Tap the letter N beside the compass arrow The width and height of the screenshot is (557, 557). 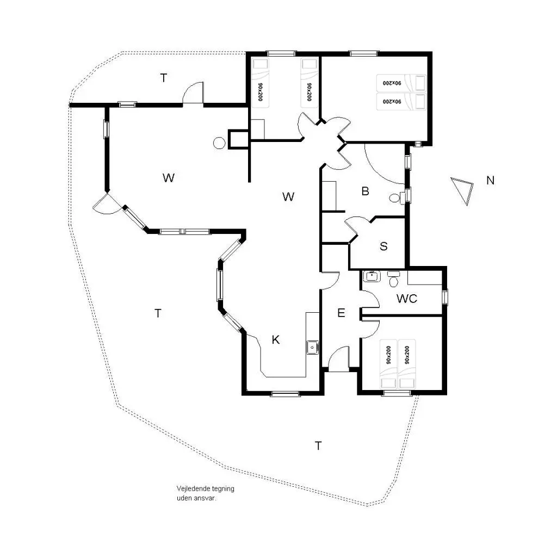[490, 181]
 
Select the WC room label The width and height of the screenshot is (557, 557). [407, 299]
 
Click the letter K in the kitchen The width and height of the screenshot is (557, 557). [276, 339]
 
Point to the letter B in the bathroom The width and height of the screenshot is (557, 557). [365, 191]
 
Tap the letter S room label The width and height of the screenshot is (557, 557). [383, 246]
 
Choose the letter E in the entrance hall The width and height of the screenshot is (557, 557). [341, 313]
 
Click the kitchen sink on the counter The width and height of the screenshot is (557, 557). [313, 347]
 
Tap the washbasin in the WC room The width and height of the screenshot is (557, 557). [372, 276]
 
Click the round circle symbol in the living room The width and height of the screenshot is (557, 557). [219, 143]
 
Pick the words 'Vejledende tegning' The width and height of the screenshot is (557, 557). [205, 489]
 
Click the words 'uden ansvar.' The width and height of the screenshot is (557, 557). [196, 498]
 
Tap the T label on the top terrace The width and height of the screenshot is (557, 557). [163, 78]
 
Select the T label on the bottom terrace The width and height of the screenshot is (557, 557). [318, 445]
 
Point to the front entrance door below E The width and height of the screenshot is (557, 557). [338, 359]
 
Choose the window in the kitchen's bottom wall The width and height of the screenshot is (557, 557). [285, 393]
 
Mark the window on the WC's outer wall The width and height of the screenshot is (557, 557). [444, 296]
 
